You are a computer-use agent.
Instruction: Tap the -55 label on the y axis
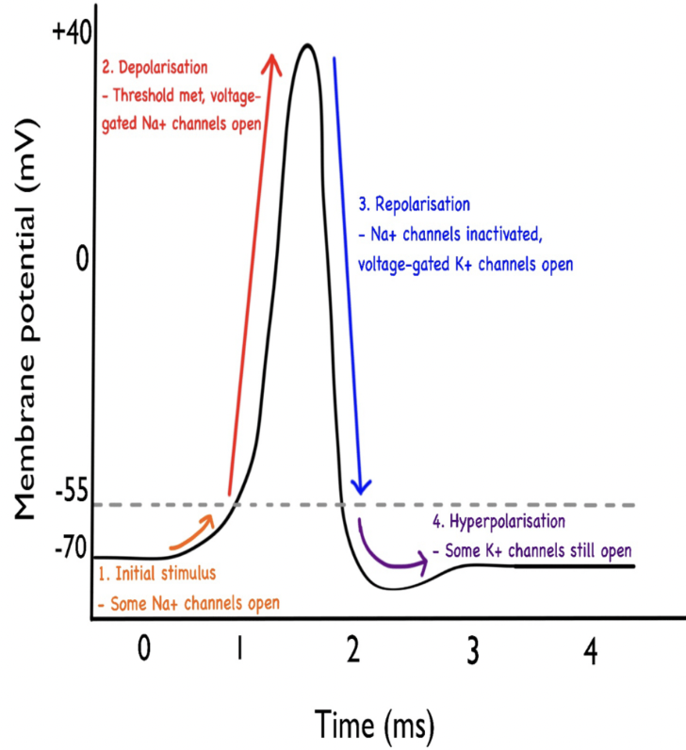[72, 491]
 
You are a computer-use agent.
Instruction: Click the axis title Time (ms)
[374, 723]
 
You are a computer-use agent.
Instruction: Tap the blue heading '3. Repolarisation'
[414, 204]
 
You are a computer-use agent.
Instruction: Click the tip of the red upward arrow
[273, 57]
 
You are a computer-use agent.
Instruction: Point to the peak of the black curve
[305, 44]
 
